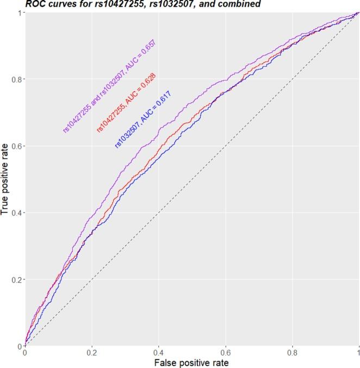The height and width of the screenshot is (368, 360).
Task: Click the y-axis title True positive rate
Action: [x=5, y=179]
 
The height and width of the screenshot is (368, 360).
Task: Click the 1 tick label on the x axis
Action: [x=357, y=352]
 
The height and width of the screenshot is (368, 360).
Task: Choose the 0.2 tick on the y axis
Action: [x=17, y=279]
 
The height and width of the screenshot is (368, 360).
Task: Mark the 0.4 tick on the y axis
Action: [x=17, y=213]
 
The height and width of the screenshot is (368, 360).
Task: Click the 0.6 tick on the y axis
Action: [x=17, y=146]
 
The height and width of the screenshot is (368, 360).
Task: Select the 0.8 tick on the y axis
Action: [x=17, y=79]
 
